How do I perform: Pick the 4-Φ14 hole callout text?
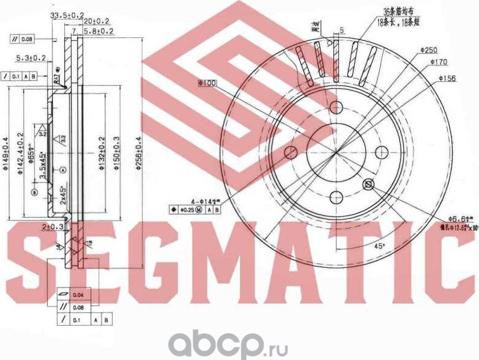[203, 201]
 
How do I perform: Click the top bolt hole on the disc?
[335, 108]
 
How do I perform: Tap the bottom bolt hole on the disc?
[335, 197]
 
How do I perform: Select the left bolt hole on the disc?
[291, 152]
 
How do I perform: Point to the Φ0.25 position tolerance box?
[188, 210]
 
